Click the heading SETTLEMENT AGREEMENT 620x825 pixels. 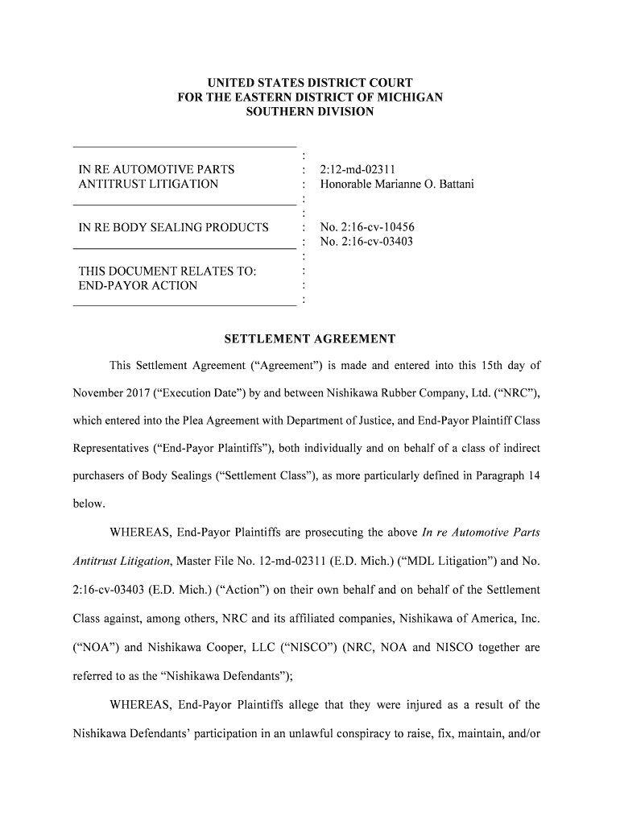[x=309, y=339]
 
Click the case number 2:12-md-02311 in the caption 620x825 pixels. [x=357, y=170]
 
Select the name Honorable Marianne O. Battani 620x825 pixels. [x=397, y=184]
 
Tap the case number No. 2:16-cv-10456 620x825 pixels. [x=367, y=227]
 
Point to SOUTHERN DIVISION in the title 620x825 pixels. [x=310, y=112]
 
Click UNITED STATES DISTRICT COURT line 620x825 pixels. [x=310, y=83]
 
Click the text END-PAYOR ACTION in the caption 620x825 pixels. [x=138, y=286]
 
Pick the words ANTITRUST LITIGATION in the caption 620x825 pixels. [x=148, y=184]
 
